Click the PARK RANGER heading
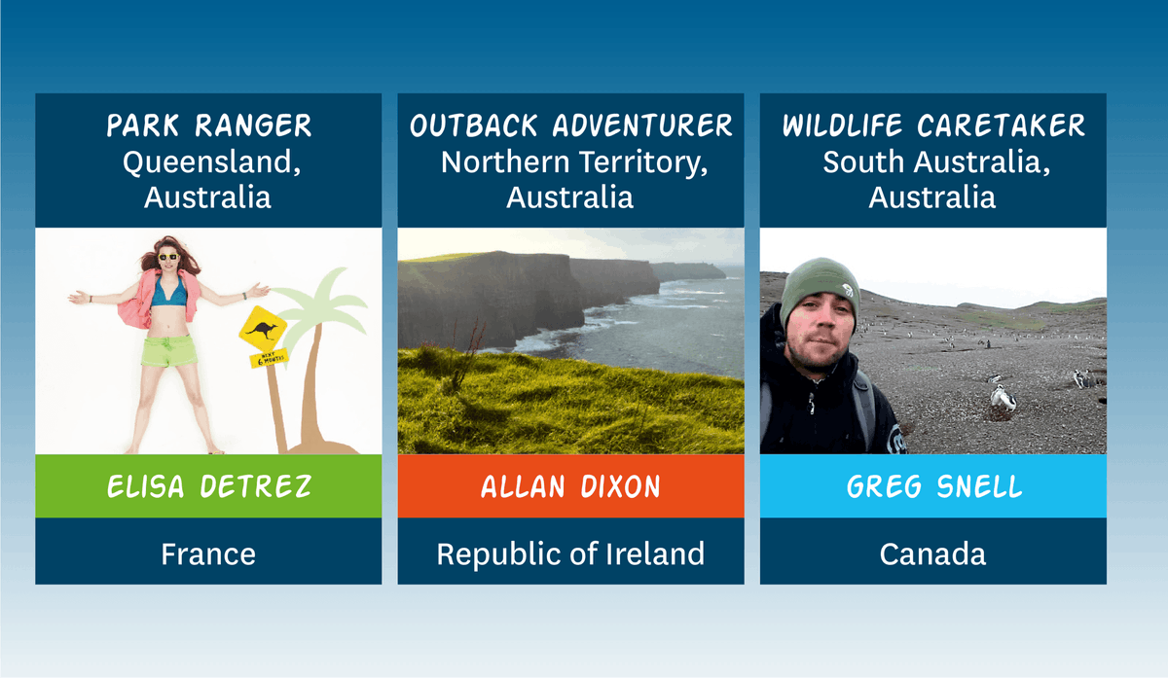coord(208,125)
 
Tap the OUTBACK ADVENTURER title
coord(571,125)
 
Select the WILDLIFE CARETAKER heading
coord(933,125)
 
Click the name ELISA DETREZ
coord(208,486)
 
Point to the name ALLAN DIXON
coord(570,486)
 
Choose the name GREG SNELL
coord(933,486)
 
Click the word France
coord(208,553)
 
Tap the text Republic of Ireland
coord(570,554)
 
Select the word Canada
coord(932,553)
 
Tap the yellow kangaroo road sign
coord(263,329)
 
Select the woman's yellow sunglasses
coord(167,257)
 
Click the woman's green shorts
coord(169,351)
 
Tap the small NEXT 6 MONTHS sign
coord(269,358)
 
